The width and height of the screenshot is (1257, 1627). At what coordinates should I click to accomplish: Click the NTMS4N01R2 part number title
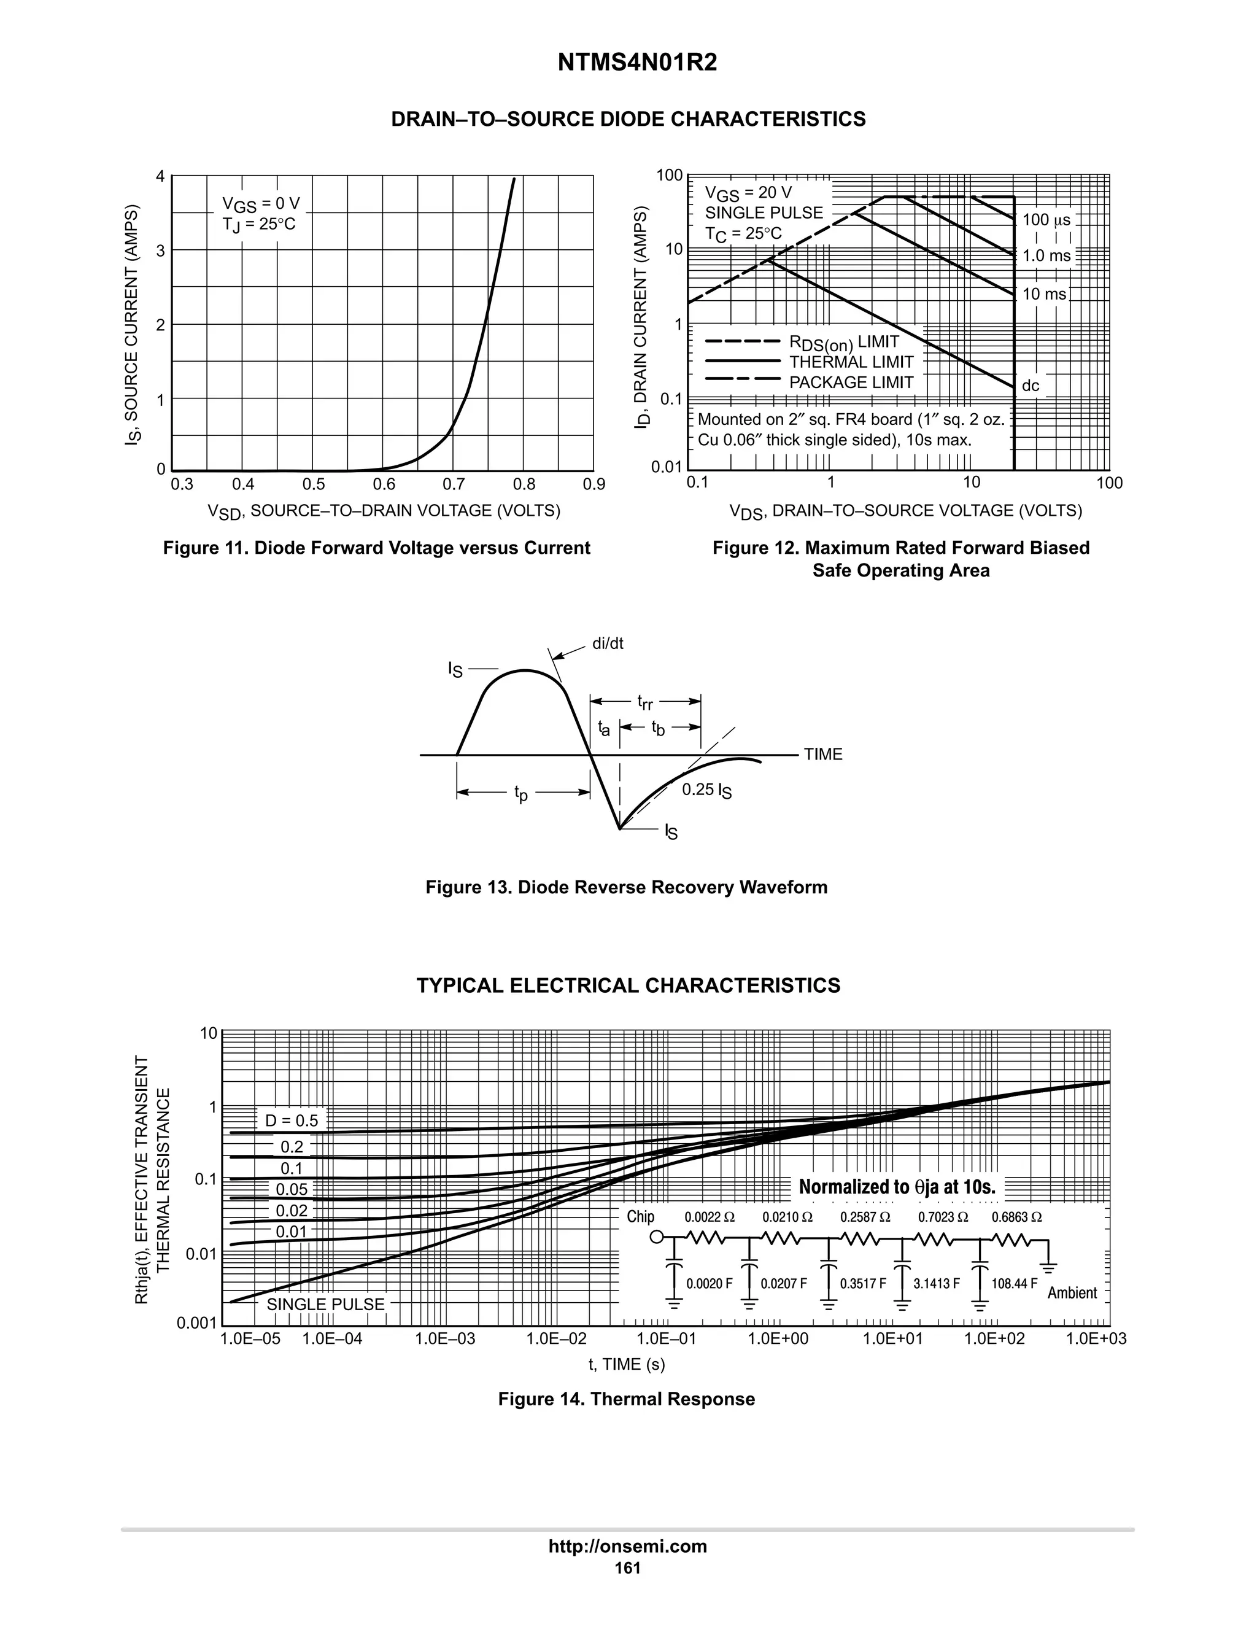pyautogui.click(x=636, y=63)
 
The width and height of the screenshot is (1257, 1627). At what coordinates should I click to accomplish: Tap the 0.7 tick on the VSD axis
pyautogui.click(x=454, y=485)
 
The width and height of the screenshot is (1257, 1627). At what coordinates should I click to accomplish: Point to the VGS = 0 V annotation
pyautogui.click(x=261, y=204)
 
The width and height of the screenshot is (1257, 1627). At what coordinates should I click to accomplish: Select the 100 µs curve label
pyautogui.click(x=1046, y=220)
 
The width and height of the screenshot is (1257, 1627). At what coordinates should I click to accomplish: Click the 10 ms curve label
pyautogui.click(x=1044, y=294)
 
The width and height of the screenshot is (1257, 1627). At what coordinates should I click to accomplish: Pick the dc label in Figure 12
pyautogui.click(x=1031, y=386)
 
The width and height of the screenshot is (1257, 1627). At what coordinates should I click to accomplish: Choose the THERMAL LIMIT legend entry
pyautogui.click(x=851, y=362)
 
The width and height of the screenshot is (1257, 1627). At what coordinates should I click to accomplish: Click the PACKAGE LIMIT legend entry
pyautogui.click(x=851, y=383)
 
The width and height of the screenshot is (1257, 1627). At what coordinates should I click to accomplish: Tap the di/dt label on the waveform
pyautogui.click(x=608, y=643)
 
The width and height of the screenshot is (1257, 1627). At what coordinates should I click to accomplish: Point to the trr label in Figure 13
pyautogui.click(x=645, y=702)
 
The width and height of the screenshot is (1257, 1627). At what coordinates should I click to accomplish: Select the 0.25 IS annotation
pyautogui.click(x=706, y=790)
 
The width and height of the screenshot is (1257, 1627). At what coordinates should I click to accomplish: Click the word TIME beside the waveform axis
pyautogui.click(x=823, y=755)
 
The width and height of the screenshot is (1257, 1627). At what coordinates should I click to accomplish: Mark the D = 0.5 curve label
pyautogui.click(x=291, y=1120)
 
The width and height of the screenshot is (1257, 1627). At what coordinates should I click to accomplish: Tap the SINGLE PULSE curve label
pyautogui.click(x=325, y=1305)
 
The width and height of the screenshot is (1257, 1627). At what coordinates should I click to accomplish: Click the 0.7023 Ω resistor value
pyautogui.click(x=943, y=1217)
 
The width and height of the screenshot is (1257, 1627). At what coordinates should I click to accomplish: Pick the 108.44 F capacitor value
pyautogui.click(x=1013, y=1284)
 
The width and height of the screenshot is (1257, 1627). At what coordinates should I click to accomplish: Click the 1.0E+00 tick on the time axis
pyautogui.click(x=778, y=1338)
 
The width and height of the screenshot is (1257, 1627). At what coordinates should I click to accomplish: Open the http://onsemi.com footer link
pyautogui.click(x=628, y=1547)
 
